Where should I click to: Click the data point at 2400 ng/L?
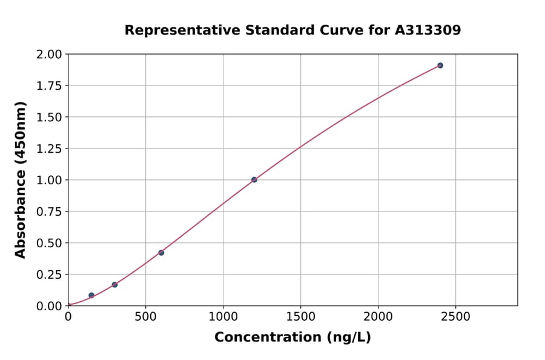(x=440, y=65)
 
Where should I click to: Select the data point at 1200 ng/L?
(x=254, y=179)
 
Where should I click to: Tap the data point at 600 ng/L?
(x=161, y=253)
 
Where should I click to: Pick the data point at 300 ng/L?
(x=114, y=284)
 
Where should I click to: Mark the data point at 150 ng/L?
(x=91, y=295)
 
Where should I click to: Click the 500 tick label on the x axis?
(x=145, y=316)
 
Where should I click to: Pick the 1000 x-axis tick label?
(x=223, y=316)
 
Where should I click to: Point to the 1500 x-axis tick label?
(x=300, y=316)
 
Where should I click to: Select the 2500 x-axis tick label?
(x=455, y=316)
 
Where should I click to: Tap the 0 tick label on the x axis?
(x=68, y=316)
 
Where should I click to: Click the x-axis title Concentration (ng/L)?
(x=292, y=338)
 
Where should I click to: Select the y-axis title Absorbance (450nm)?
(x=21, y=180)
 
